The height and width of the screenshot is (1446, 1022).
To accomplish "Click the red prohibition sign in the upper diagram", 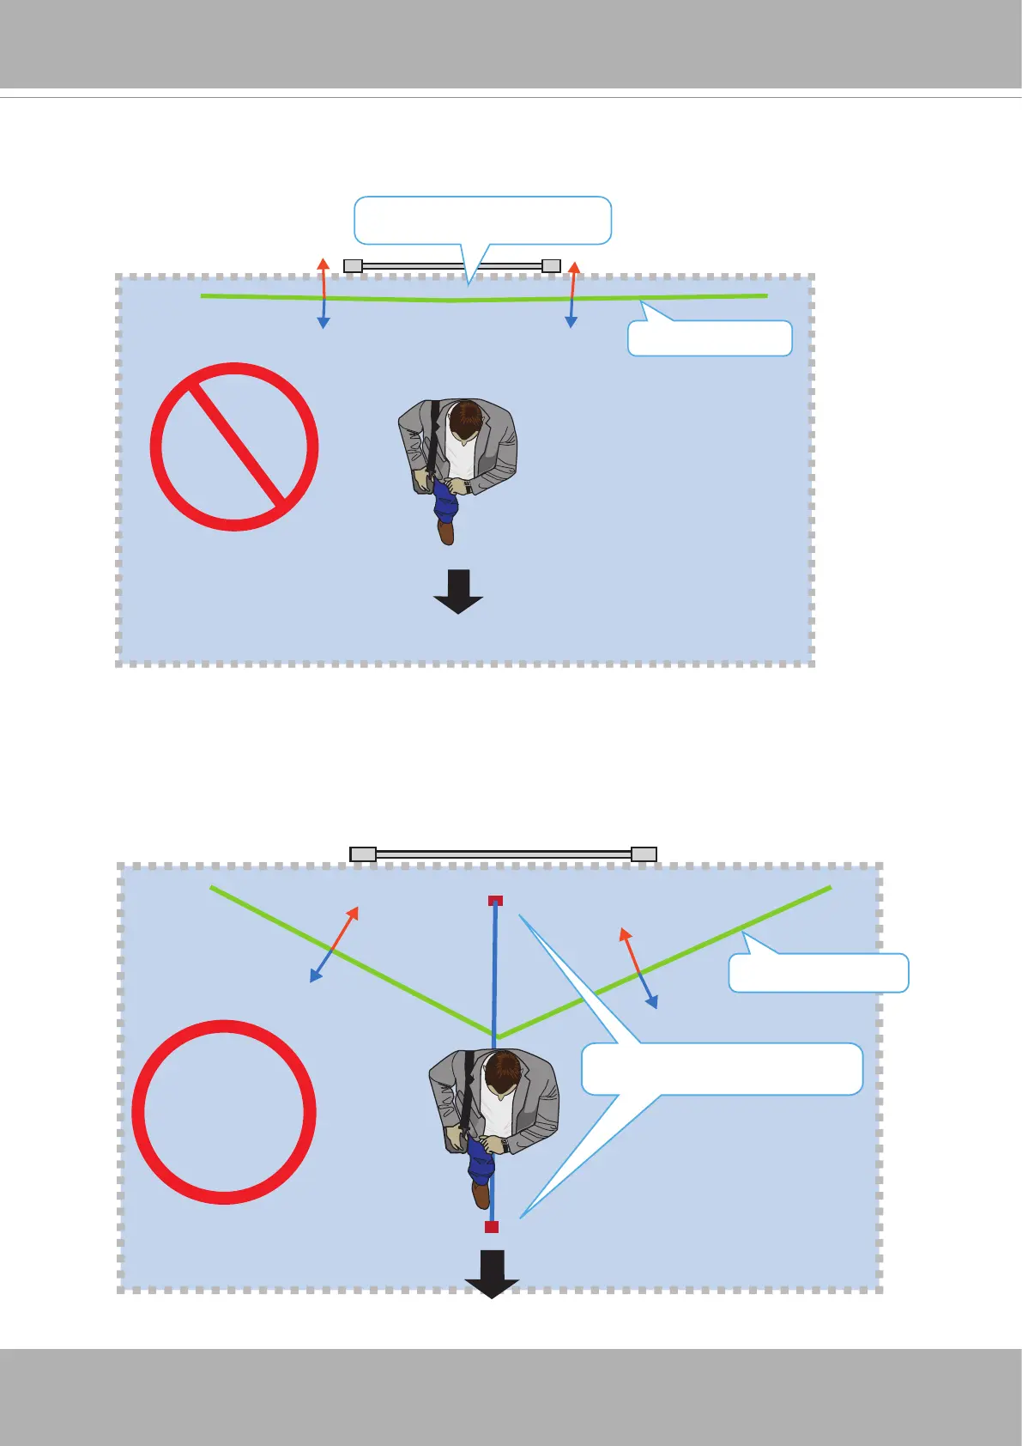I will [234, 447].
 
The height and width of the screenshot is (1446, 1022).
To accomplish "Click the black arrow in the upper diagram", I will [458, 592].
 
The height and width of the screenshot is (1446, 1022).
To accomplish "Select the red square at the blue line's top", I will [495, 901].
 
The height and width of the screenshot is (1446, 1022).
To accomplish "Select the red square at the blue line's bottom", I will [491, 1227].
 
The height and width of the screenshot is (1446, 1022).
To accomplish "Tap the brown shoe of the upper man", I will [445, 532].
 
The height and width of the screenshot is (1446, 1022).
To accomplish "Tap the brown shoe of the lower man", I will [481, 1194].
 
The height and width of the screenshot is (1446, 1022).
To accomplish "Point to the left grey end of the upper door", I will [353, 266].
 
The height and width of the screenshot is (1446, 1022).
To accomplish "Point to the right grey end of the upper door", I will [551, 266].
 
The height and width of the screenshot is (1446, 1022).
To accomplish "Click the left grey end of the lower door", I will [363, 854].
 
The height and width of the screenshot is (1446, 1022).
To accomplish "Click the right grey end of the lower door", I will [644, 854].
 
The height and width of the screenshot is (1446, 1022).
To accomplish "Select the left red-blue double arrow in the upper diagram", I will [324, 293].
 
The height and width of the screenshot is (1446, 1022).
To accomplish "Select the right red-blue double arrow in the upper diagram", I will [571, 294].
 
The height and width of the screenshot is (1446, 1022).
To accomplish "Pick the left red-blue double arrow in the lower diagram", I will [334, 944].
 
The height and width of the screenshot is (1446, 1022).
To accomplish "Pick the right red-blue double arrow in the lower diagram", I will [639, 968].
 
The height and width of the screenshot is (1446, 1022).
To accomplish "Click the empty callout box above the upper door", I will [482, 220].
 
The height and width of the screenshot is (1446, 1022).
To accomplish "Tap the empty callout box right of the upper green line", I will [710, 338].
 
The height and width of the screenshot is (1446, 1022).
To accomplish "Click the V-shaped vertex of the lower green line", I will [497, 1036].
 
